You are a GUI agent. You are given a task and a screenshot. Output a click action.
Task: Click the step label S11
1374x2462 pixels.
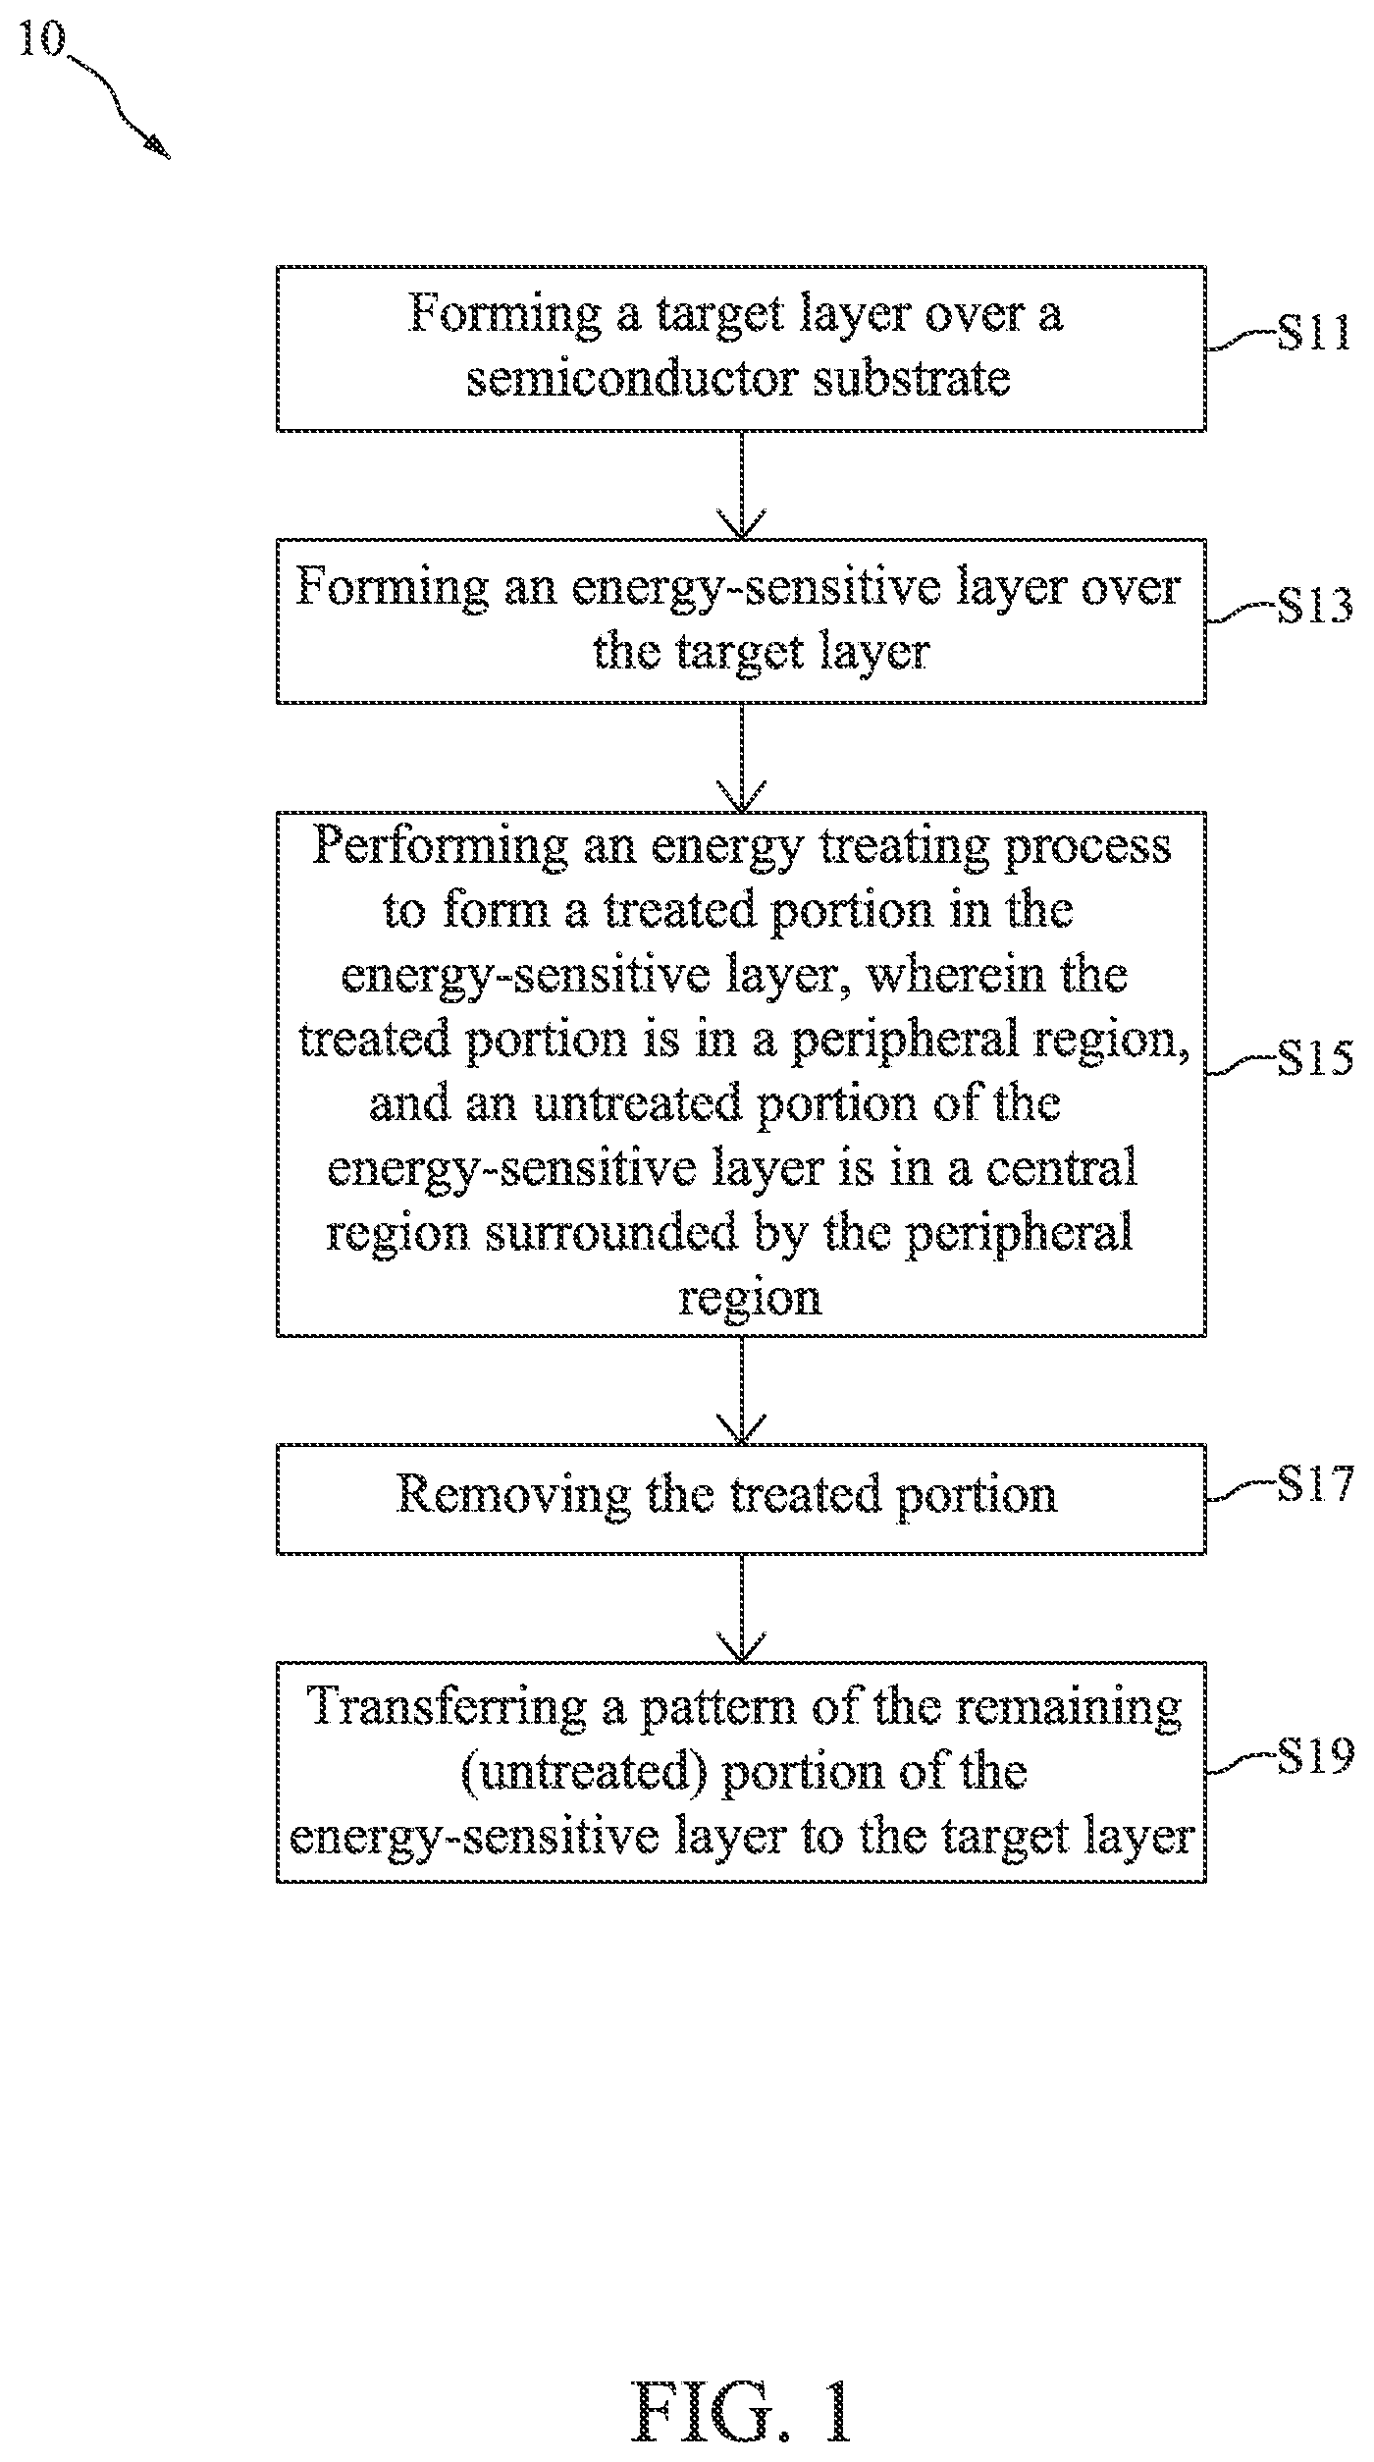point(1314,334)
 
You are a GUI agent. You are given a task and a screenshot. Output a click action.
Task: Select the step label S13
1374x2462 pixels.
point(1314,607)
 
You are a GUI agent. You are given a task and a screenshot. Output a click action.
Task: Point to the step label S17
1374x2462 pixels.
point(1314,1484)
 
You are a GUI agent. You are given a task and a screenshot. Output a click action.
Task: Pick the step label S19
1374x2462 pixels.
point(1314,1755)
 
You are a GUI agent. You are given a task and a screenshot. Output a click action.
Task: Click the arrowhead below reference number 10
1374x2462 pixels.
point(157,145)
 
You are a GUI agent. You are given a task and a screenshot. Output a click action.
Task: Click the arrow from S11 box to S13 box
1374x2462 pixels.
point(742,485)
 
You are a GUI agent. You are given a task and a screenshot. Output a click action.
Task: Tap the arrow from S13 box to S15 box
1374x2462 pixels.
point(742,757)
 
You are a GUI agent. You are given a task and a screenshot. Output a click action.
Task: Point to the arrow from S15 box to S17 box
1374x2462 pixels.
point(742,1390)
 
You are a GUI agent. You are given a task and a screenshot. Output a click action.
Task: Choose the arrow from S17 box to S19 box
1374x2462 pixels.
point(742,1608)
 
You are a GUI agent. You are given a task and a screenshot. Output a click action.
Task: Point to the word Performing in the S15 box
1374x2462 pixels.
point(440,847)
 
